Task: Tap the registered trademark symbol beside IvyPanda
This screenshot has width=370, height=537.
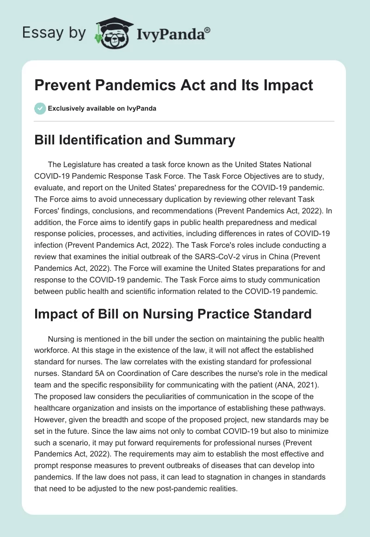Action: pos(208,29)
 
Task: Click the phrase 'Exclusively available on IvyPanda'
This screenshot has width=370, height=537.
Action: pos(102,108)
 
